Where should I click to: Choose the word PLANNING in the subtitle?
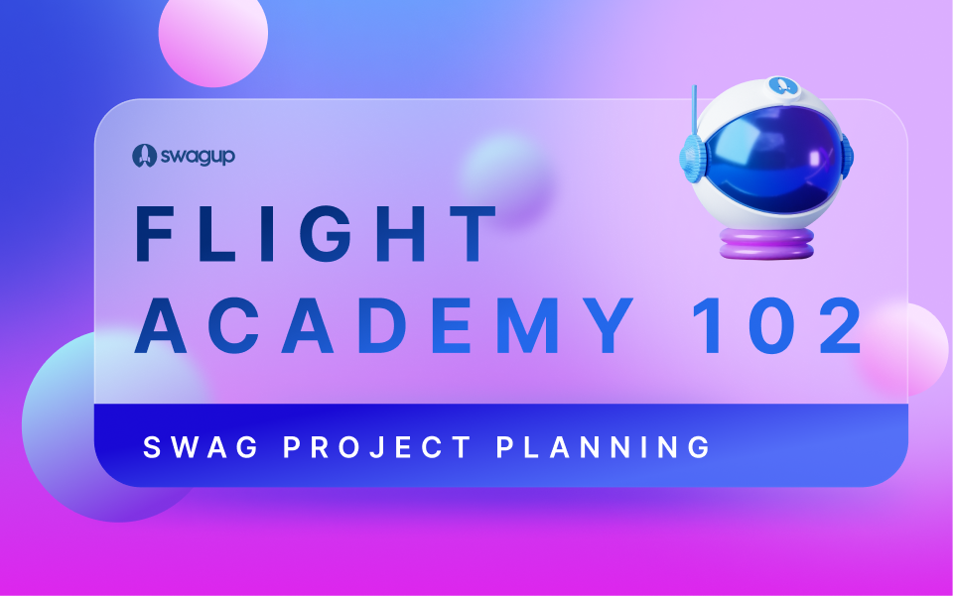[604, 447]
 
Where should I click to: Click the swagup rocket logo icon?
[142, 155]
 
